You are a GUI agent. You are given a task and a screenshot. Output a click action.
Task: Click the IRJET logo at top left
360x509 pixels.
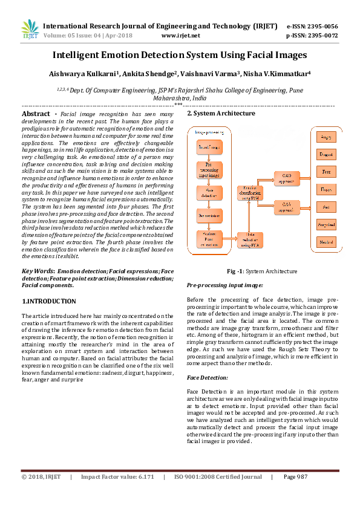[29, 29]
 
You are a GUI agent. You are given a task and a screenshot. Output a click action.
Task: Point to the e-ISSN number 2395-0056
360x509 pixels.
[321, 27]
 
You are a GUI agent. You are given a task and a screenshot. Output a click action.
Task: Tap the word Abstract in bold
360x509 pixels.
[36, 114]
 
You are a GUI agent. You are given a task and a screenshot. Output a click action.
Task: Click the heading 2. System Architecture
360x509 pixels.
[221, 114]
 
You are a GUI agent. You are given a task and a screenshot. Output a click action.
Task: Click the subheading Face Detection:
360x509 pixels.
[207, 377]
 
